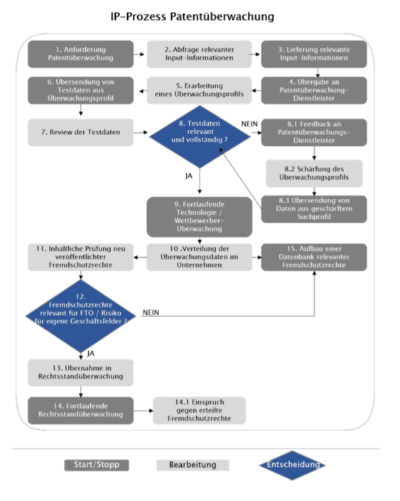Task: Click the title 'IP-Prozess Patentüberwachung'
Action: click(193, 16)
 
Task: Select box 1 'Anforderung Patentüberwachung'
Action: click(81, 53)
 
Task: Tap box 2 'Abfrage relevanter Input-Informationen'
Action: click(200, 53)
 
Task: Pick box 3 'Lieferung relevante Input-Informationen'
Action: click(313, 53)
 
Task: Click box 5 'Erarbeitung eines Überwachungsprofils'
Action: click(200, 90)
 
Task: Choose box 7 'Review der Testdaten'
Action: click(81, 131)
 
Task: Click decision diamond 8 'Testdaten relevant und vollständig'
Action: click(200, 132)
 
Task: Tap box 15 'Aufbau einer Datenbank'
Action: click(313, 256)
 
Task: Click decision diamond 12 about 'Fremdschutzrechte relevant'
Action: click(82, 311)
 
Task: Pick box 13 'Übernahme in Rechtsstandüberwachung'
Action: click(81, 370)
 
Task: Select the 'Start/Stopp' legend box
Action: click(97, 465)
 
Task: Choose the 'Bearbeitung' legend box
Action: click(193, 465)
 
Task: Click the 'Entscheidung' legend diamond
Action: click(291, 465)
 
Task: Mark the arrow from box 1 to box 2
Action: click(140, 53)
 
